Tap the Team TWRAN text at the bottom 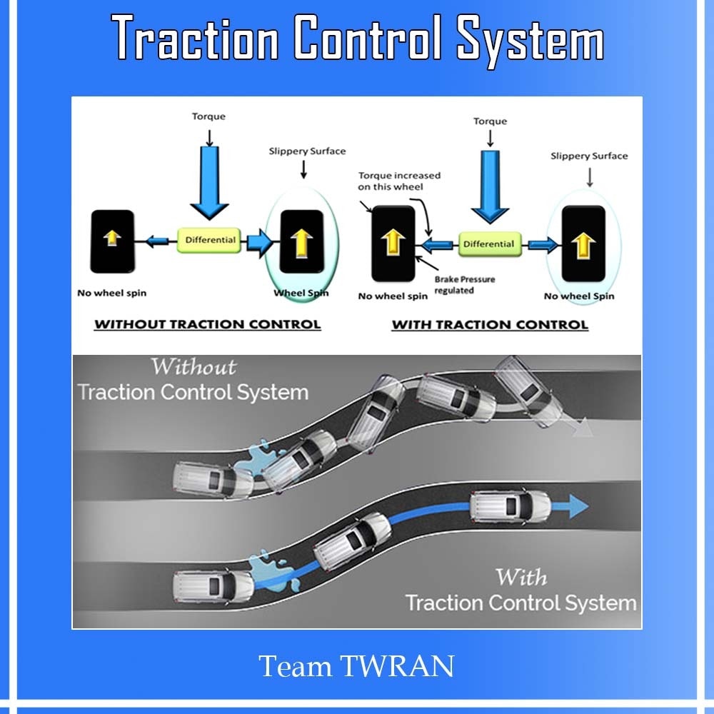[356, 666]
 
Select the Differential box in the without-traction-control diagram [209, 240]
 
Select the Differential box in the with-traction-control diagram [490, 244]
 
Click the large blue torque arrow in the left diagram [209, 183]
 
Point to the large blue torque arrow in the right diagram [490, 187]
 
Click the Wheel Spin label [301, 293]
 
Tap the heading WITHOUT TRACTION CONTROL [208, 324]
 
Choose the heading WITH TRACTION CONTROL [490, 325]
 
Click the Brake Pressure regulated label [465, 285]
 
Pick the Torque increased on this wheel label [399, 181]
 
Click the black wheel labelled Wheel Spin [302, 241]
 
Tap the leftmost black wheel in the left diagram [113, 241]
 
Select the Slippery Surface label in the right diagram [589, 156]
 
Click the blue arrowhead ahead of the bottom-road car [578, 506]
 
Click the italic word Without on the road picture [193, 366]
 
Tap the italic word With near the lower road [521, 578]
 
